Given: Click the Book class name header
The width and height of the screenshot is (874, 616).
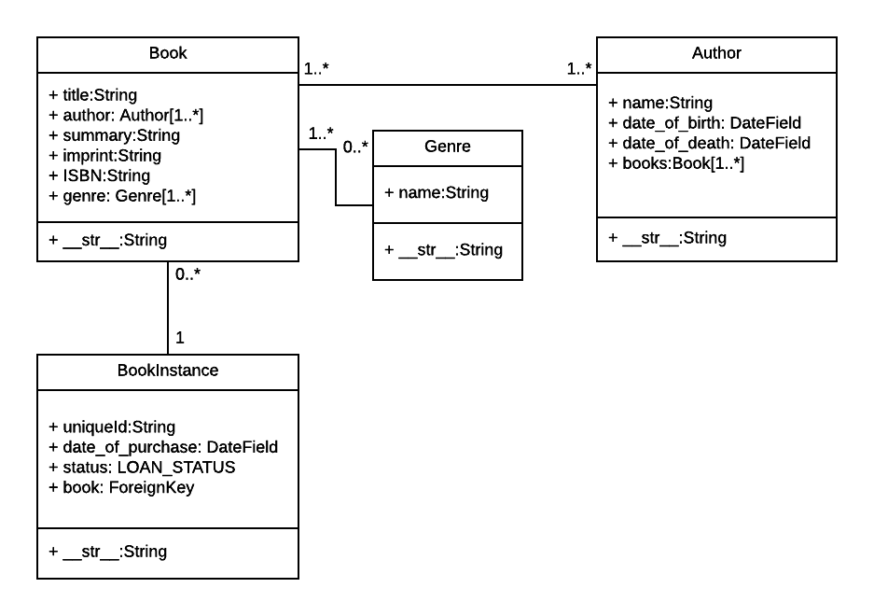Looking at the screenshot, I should coord(168,53).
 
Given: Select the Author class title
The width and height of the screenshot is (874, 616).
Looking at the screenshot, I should coord(716,53).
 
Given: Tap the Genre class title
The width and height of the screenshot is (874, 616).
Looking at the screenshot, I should coord(448,147).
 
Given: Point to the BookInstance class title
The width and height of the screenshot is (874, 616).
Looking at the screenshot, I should coord(168,371).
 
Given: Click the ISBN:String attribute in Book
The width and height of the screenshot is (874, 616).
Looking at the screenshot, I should coord(99,175).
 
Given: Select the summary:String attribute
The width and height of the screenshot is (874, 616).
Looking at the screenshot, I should coord(114,135).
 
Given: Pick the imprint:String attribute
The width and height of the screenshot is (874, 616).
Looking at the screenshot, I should coord(104,156).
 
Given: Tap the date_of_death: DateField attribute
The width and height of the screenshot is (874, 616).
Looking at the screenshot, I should coord(709,143).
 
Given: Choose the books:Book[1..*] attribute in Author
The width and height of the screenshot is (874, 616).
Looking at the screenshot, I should coord(675,163).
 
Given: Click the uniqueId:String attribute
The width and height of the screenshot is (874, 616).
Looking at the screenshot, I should coord(112,427).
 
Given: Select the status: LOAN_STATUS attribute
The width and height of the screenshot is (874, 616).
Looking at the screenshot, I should coord(142,467).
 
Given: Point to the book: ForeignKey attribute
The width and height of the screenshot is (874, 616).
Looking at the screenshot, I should coord(121,487).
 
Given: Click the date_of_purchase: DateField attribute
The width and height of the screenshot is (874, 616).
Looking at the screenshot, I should coord(163,447).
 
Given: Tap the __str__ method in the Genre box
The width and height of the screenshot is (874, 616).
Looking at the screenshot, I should coord(443,249).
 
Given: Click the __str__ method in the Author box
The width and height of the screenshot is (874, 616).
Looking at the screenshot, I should coord(667,238).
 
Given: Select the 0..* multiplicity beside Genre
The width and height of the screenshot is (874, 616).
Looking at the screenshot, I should coord(354,147).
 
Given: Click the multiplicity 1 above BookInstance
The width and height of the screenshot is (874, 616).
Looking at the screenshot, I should coord(180,337).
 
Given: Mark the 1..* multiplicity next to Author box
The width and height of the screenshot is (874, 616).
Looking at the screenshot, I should coord(579,69).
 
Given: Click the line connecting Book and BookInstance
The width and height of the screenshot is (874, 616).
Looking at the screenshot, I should coord(168,308).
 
